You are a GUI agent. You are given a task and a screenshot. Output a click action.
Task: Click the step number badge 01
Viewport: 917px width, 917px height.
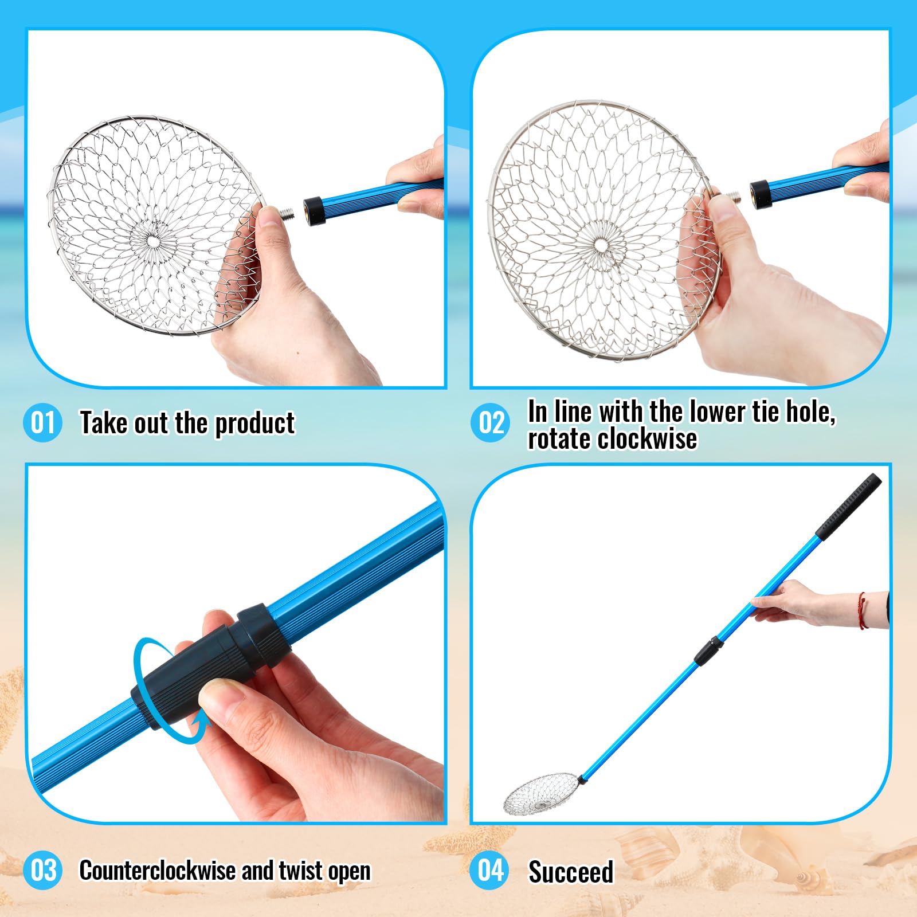pos(42,422)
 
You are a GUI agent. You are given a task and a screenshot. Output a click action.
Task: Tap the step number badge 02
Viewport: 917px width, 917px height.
pos(491,422)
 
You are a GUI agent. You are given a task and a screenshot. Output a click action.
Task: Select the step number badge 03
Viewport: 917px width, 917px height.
pos(42,870)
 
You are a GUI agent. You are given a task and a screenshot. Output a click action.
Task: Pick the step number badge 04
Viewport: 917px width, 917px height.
pos(491,870)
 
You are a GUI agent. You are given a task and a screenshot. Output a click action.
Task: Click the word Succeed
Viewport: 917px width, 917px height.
pos(571,872)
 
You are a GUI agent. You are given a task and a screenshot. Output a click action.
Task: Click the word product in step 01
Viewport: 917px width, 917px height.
pos(254,424)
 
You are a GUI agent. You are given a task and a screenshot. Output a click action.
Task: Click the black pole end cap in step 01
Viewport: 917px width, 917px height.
pos(313,203)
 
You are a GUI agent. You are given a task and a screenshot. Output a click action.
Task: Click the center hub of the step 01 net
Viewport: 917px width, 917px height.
pos(154,241)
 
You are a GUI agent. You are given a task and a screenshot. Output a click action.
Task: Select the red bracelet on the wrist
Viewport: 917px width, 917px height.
pos(861,610)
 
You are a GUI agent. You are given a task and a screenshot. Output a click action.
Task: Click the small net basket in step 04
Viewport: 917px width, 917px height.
pos(541,793)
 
